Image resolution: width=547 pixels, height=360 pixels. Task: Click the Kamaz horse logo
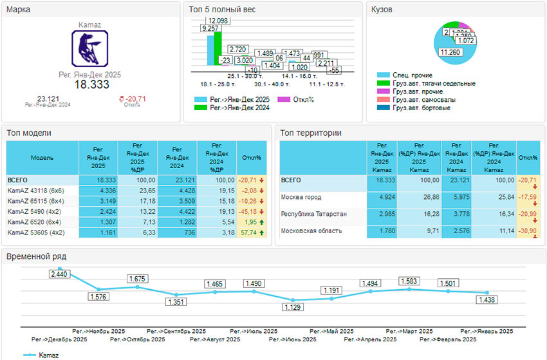[89, 49]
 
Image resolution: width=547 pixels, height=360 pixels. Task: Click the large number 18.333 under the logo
[90, 84]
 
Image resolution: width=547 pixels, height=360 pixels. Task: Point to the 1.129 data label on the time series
[293, 307]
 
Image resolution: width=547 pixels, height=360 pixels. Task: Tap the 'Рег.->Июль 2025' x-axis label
[254, 331]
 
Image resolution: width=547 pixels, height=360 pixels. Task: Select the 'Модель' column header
[42, 157]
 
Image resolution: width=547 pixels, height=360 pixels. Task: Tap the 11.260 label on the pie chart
[450, 52]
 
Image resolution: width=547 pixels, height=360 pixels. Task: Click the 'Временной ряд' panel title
[36, 256]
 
